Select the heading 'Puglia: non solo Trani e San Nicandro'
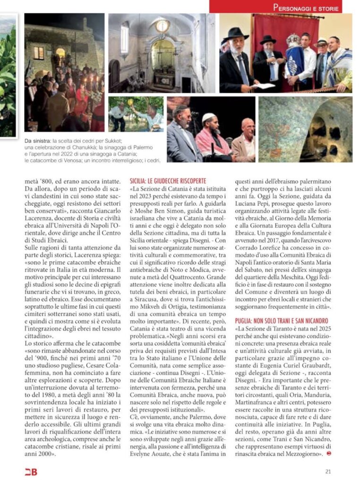point(282,321)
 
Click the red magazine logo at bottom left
point(31,472)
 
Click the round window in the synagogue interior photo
point(162,26)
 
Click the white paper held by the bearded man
point(263,86)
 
